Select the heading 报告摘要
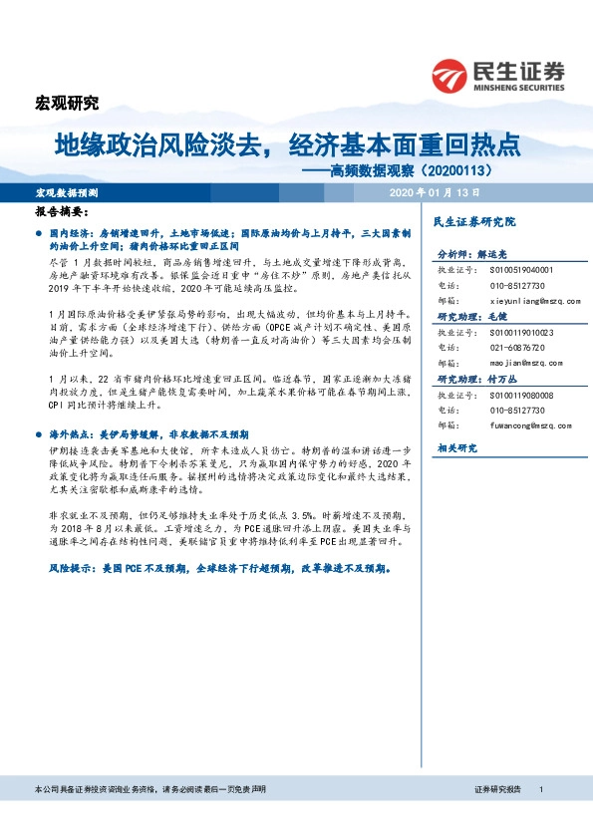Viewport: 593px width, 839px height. click(62, 212)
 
